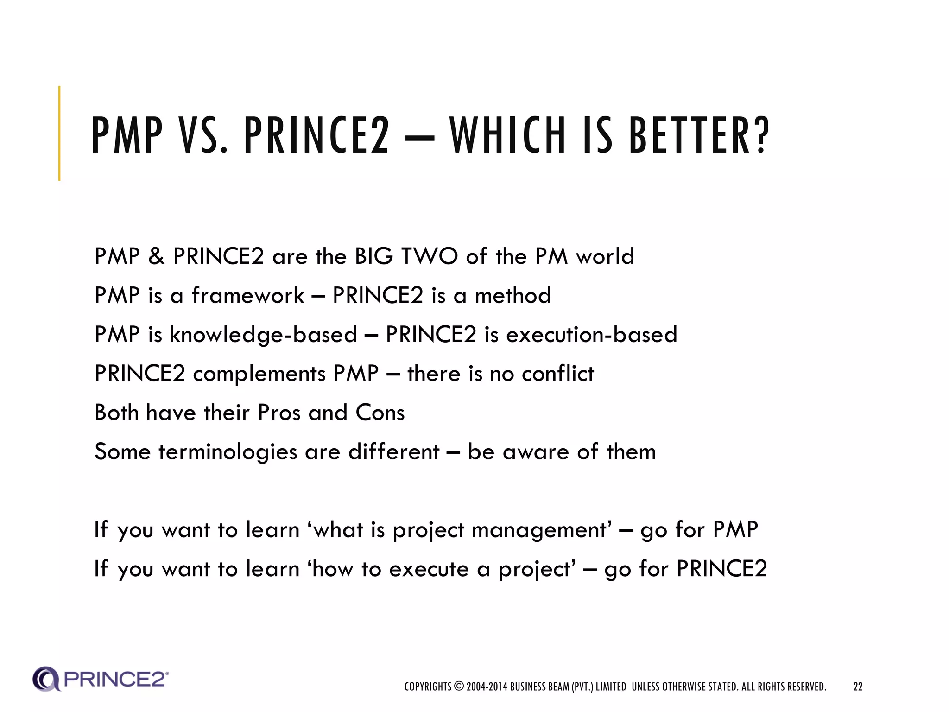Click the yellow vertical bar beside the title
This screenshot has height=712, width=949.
click(59, 133)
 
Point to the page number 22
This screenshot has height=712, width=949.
click(858, 687)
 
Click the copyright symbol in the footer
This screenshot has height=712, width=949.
click(459, 686)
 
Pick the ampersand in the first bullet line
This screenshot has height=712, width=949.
click(157, 256)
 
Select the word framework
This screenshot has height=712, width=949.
click(248, 295)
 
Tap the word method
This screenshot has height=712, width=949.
click(513, 295)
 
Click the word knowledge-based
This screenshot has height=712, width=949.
click(263, 335)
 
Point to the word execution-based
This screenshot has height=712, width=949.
click(591, 335)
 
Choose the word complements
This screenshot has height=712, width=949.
click(259, 374)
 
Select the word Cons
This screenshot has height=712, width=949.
click(380, 413)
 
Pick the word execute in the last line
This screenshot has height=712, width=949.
click(429, 569)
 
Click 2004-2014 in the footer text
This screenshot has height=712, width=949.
click(487, 687)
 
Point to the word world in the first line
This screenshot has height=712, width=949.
click(605, 256)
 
